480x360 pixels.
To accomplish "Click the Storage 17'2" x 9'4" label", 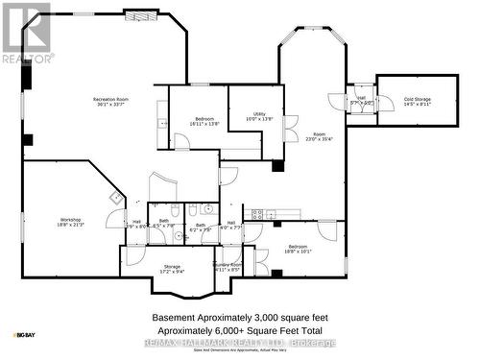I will (x=172, y=268).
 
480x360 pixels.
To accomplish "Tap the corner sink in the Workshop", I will (x=115, y=198).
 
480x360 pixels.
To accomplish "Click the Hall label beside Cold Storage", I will (x=362, y=100).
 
